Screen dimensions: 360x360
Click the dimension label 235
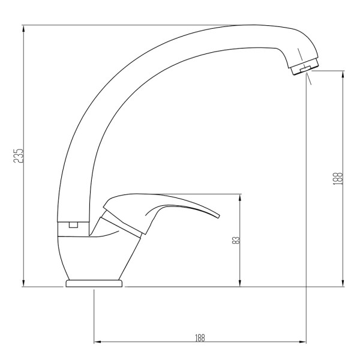point(19,155)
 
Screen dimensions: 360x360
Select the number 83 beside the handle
point(236,240)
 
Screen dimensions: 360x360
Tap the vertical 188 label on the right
point(338,179)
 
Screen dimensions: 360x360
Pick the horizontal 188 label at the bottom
point(200,338)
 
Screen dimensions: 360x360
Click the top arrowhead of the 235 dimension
point(23,28)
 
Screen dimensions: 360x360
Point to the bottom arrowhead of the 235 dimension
point(23,283)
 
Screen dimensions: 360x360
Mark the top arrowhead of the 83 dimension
point(240,197)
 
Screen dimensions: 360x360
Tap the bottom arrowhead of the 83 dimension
point(240,283)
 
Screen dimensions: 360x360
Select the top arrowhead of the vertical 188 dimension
point(343,74)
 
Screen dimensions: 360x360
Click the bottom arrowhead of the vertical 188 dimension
point(343,283)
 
